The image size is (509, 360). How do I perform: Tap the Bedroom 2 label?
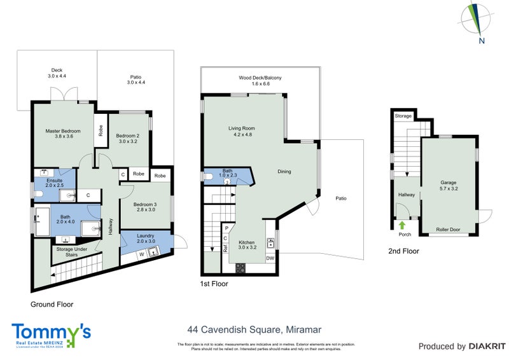[127, 135]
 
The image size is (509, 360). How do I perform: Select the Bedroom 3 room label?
[144, 204]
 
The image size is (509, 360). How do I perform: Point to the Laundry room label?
[146, 237]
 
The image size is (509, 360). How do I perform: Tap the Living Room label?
[241, 128]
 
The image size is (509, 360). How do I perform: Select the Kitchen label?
[247, 242]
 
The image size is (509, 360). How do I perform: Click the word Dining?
[284, 171]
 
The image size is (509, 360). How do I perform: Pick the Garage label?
[449, 183]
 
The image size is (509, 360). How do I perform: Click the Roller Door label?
[448, 230]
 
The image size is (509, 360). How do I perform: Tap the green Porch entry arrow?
[401, 224]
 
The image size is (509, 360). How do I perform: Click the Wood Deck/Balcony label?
[260, 78]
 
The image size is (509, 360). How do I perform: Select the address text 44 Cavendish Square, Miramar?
[254, 329]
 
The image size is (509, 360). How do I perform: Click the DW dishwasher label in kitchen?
[270, 258]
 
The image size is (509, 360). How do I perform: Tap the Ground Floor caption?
[52, 304]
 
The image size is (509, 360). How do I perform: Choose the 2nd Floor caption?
[403, 251]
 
